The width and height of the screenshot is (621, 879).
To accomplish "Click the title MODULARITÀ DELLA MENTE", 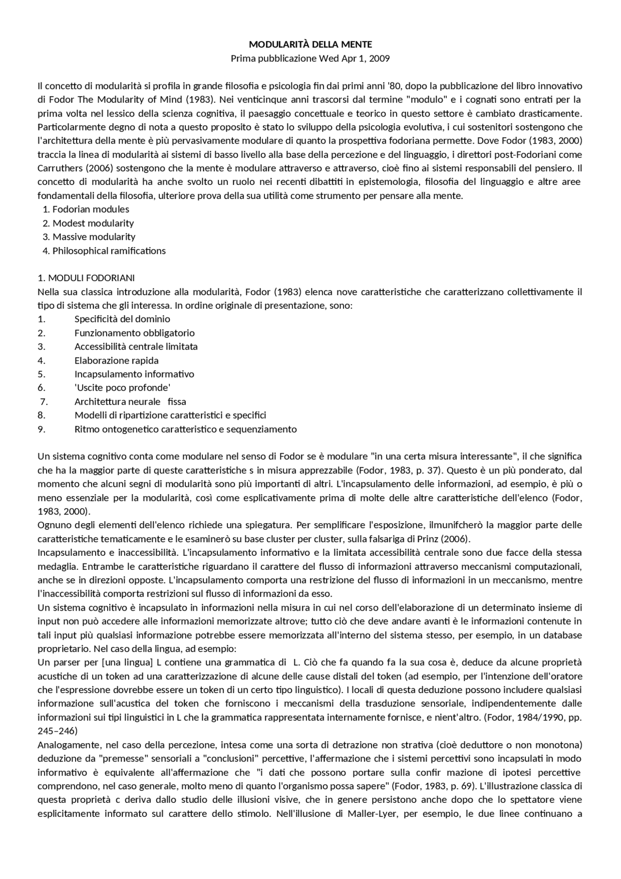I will [x=310, y=45].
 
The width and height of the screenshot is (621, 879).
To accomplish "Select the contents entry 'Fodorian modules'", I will [x=91, y=210].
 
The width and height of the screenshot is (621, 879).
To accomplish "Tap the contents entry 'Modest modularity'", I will [x=93, y=223].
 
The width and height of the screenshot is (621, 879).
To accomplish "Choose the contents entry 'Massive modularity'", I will [x=94, y=237].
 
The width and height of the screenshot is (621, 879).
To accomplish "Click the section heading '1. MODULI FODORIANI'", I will [x=86, y=278].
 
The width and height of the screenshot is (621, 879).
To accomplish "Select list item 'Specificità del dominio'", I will [x=122, y=319].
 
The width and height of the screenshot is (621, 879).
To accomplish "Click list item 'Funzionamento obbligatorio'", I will [x=134, y=333].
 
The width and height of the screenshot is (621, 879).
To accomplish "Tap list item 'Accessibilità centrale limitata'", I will [x=136, y=347].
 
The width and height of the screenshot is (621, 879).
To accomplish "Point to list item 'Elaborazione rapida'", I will [x=116, y=361].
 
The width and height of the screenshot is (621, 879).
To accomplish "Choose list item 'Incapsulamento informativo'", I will [x=134, y=374].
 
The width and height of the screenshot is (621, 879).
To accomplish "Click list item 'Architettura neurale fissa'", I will [x=130, y=402].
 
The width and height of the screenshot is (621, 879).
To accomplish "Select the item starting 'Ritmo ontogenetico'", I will [x=185, y=429].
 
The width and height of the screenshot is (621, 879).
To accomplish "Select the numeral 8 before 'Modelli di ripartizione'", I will [x=41, y=415].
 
